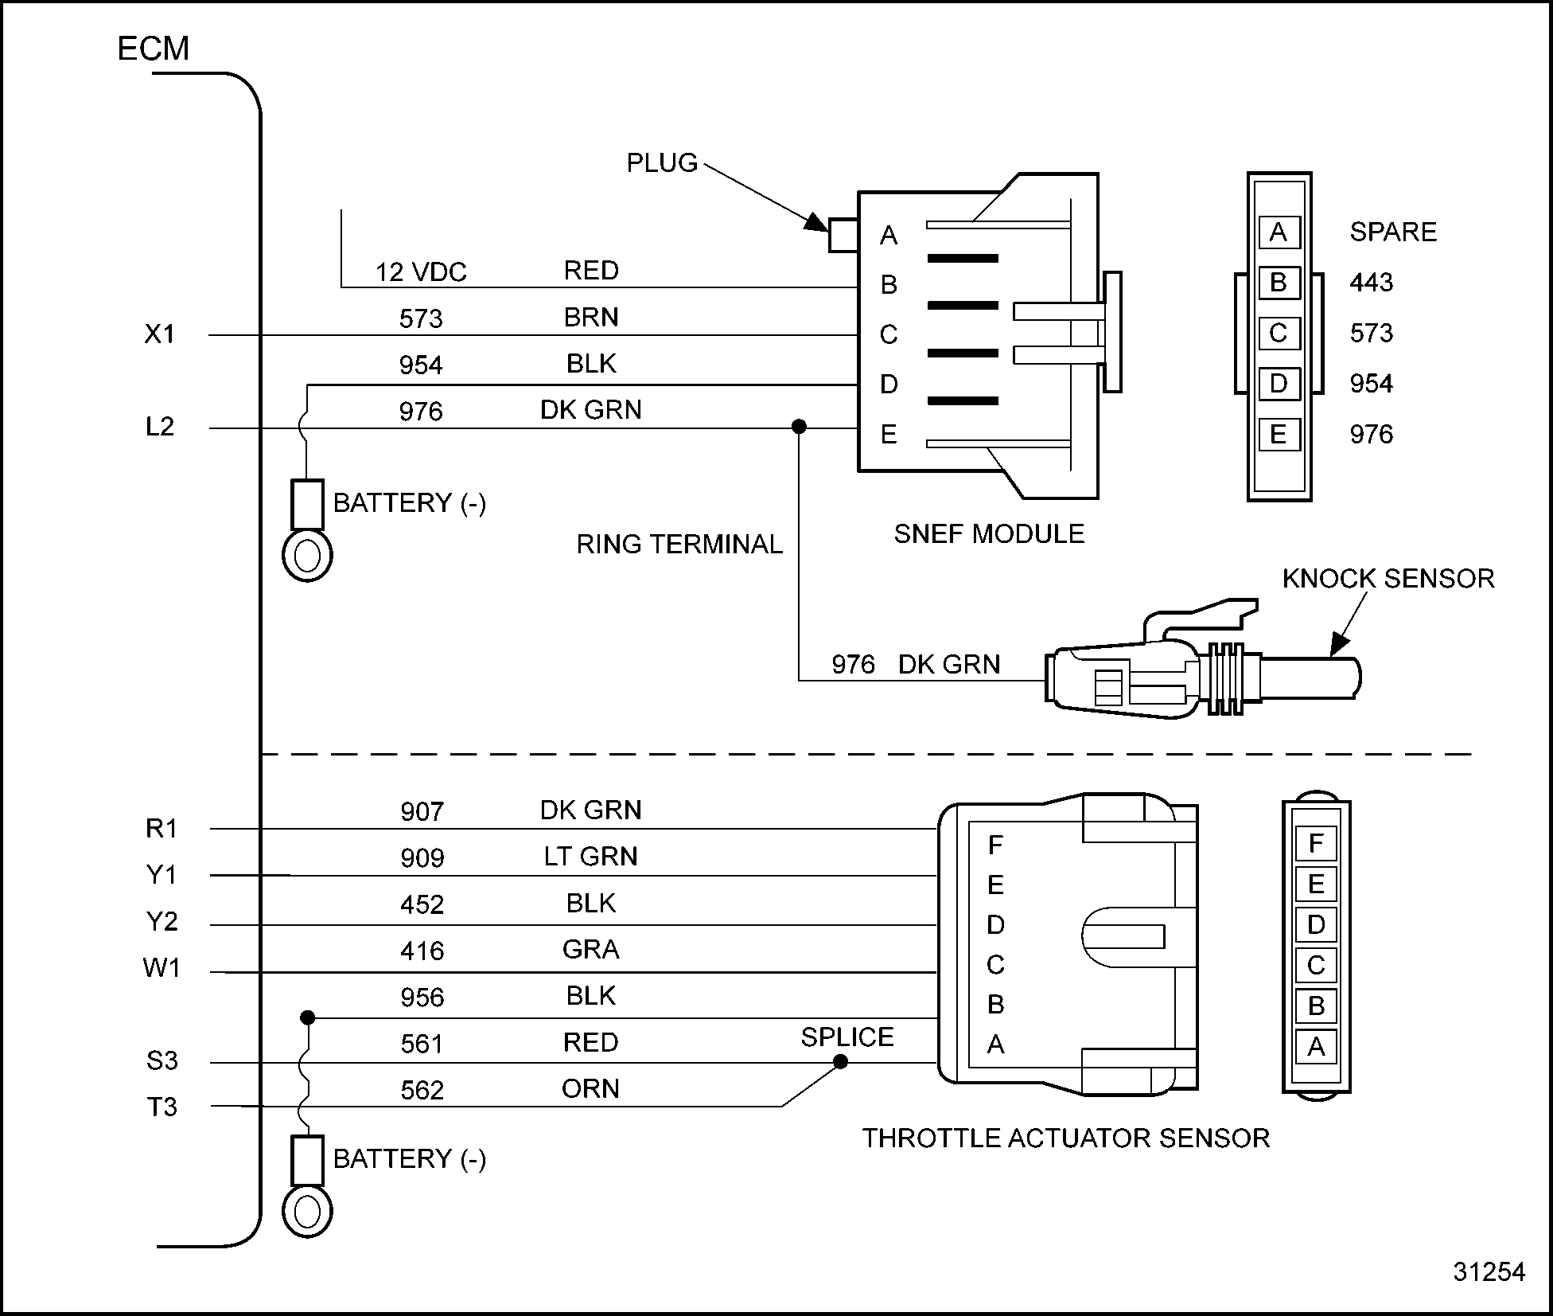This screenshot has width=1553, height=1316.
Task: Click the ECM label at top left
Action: [x=153, y=49]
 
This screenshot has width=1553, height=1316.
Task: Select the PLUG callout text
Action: [x=661, y=162]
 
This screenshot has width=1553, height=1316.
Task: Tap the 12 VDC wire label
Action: [x=420, y=272]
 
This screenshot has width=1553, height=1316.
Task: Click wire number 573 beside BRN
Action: [x=420, y=319]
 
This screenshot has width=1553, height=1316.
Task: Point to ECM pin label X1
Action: [x=159, y=334]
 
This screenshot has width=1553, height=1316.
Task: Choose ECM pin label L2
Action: [x=159, y=428]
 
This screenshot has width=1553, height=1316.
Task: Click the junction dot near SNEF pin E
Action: [x=799, y=428]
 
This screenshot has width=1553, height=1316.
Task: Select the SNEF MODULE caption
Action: [x=989, y=534]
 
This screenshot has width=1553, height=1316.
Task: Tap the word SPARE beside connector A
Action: [x=1393, y=232]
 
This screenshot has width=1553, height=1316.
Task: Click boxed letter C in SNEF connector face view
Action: [x=1279, y=333]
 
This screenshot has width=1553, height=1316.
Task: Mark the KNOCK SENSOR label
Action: [x=1388, y=579]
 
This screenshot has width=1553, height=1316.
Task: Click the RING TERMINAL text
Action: [x=679, y=545]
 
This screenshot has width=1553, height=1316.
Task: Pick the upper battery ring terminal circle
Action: [x=307, y=556]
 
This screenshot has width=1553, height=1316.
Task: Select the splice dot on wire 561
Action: [x=840, y=1062]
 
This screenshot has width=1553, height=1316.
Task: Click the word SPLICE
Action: [x=847, y=1037]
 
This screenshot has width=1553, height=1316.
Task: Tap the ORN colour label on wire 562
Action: [x=590, y=1089]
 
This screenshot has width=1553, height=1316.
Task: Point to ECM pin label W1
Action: [x=162, y=969]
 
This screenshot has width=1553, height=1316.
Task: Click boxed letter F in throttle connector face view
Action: [x=1316, y=843]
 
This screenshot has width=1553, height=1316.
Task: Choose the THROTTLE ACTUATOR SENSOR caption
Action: [x=1066, y=1138]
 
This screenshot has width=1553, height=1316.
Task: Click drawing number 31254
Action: [x=1489, y=1272]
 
